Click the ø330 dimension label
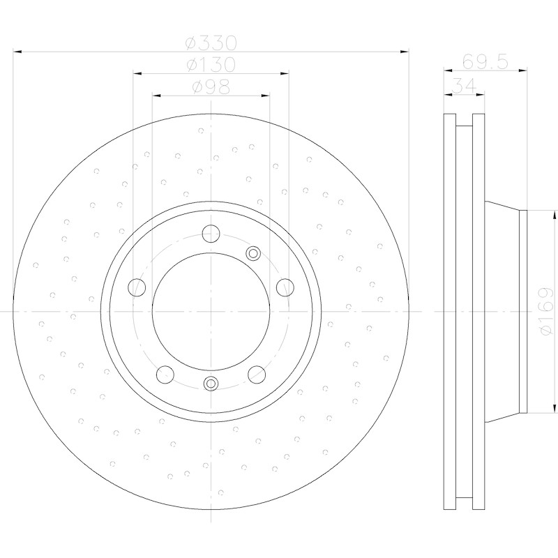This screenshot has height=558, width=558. (x=211, y=43)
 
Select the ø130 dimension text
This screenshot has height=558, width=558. (x=211, y=65)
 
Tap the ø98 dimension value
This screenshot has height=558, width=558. (x=211, y=86)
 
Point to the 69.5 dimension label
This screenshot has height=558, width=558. (x=485, y=62)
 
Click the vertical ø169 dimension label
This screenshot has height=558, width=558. (x=546, y=311)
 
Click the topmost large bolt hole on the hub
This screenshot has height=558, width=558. (x=211, y=234)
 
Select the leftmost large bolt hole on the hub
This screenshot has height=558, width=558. (x=137, y=287)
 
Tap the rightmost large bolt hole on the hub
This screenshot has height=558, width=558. (x=285, y=287)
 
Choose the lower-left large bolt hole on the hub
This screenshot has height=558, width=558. (x=165, y=375)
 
